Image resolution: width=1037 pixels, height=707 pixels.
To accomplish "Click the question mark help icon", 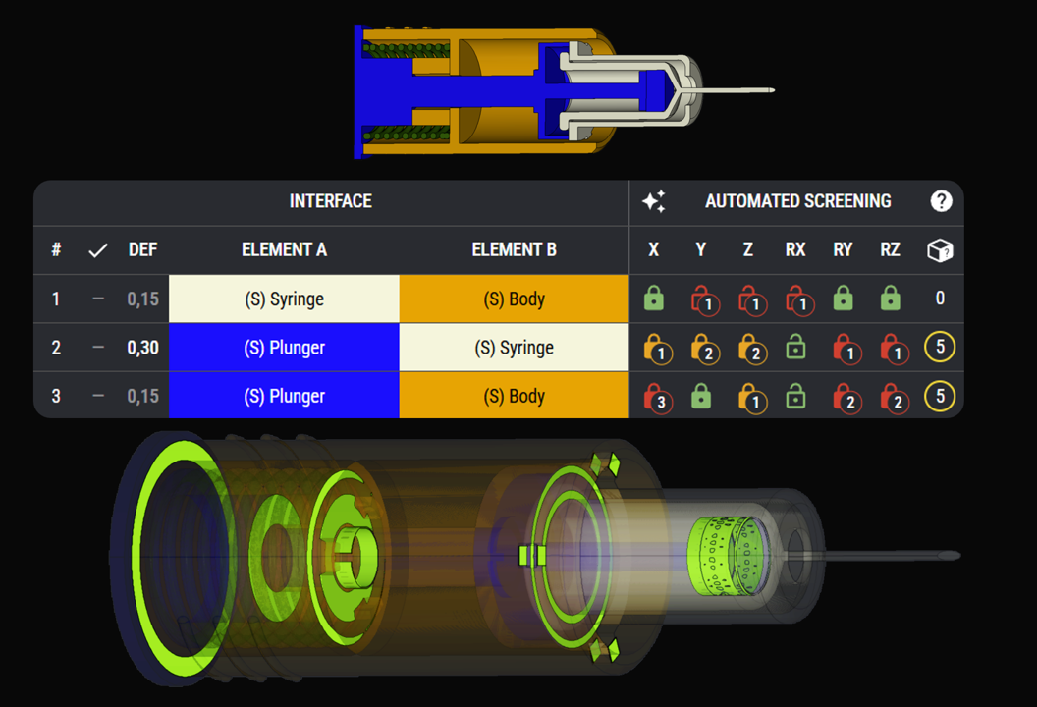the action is [x=941, y=201].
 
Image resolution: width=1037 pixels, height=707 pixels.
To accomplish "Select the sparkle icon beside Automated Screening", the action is [x=654, y=201].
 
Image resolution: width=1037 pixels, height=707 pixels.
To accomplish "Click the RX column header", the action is [x=795, y=250].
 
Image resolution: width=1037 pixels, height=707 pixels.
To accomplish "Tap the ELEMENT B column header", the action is [x=514, y=250].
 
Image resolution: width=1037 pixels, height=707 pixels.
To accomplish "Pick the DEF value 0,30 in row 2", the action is [x=142, y=348].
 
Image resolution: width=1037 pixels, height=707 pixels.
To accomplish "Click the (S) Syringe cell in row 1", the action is [x=285, y=299].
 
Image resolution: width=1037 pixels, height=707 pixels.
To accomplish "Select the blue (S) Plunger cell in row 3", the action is [x=285, y=396].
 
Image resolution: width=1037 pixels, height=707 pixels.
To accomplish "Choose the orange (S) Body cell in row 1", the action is [x=514, y=299].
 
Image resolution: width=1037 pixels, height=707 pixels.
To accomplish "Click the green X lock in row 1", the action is [x=653, y=299].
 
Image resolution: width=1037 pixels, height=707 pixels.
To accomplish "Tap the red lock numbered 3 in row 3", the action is [x=658, y=398].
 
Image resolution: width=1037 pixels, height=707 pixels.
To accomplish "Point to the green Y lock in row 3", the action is [x=701, y=396].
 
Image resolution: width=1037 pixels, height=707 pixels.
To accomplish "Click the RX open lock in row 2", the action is [x=795, y=348].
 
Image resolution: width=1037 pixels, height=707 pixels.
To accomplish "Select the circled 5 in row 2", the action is [x=940, y=347].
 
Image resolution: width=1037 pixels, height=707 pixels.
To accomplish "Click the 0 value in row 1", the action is [x=940, y=299].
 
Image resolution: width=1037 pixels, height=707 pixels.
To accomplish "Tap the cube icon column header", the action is [x=940, y=250].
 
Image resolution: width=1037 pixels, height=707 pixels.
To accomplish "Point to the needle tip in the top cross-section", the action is [x=773, y=90].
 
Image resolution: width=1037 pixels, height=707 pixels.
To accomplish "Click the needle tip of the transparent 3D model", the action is [x=958, y=556].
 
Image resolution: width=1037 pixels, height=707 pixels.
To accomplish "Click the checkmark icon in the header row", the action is [x=98, y=250].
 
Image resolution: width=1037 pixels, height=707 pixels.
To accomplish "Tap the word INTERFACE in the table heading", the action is [x=331, y=201].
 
